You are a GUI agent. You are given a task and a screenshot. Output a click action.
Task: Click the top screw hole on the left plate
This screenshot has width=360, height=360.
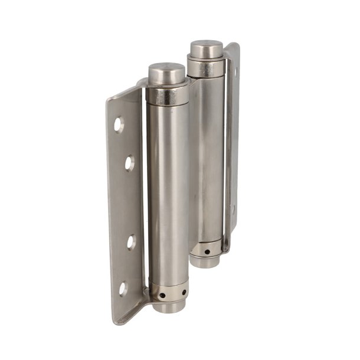tap(119, 124)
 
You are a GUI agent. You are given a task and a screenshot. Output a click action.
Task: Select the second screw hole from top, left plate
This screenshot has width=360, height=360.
tap(128, 162)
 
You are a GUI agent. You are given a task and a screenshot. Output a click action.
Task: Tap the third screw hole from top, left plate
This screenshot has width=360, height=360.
tap(131, 241)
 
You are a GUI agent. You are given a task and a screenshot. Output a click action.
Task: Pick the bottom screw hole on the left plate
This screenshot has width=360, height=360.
tap(123, 289)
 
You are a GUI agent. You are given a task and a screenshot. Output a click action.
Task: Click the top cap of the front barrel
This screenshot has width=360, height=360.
tap(167, 73)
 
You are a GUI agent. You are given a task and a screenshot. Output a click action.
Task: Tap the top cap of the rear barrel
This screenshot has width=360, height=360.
tap(206, 48)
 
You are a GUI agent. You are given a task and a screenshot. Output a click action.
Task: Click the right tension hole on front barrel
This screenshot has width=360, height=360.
tap(184, 292)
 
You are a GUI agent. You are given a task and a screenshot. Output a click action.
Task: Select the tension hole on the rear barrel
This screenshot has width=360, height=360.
tap(207, 251)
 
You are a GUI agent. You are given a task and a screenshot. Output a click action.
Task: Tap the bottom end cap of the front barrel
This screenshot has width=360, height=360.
tap(168, 306)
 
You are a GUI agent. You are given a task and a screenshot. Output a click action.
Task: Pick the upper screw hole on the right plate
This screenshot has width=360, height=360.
tap(235, 71)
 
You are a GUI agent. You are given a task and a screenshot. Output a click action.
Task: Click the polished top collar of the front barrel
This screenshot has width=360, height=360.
tap(168, 94)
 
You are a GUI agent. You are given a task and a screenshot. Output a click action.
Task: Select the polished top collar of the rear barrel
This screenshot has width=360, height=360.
tap(206, 68)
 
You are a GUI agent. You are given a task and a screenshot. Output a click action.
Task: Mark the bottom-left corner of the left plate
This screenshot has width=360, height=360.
tap(116, 322)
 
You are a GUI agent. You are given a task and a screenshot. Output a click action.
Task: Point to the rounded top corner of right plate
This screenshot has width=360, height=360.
tap(234, 46)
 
